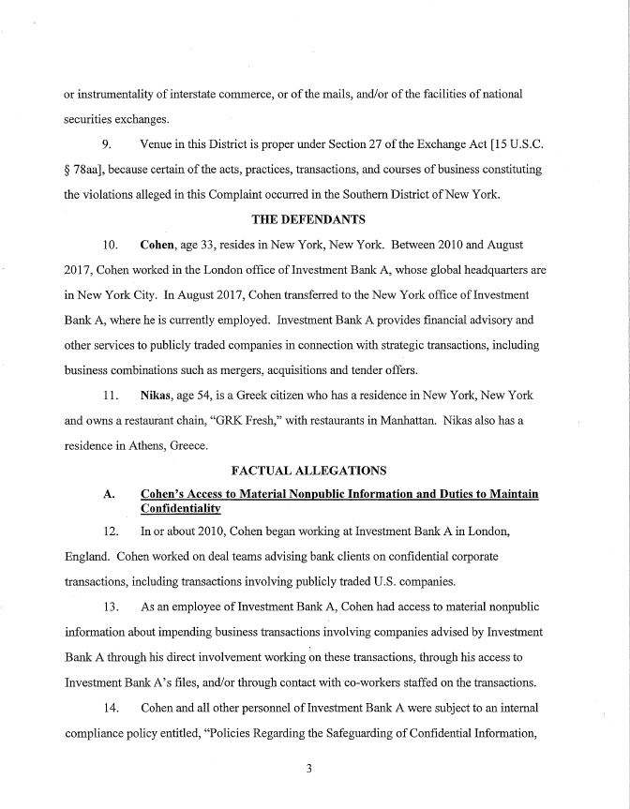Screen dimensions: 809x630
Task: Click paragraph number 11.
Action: tap(109, 389)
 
